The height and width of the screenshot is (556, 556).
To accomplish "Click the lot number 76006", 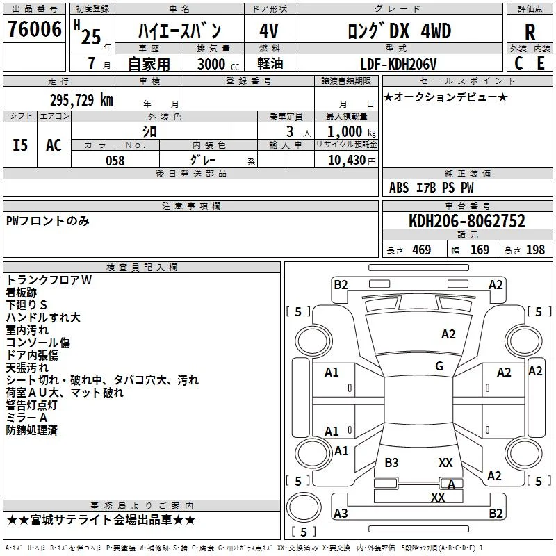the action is [34, 29].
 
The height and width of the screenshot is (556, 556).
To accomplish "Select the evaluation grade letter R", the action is [530, 32].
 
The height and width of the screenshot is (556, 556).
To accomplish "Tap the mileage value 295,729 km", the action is [81, 100].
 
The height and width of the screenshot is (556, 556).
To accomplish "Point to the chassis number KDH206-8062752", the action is [467, 220].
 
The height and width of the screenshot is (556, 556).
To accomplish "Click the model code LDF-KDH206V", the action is [398, 64].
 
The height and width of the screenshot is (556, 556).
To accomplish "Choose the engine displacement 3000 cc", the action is [218, 64].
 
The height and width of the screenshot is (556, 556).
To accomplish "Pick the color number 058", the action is [115, 161].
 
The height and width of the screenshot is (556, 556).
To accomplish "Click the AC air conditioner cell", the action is [54, 145].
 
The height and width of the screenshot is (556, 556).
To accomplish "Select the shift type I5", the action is [20, 145].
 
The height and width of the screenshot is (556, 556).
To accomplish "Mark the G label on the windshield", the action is [439, 366].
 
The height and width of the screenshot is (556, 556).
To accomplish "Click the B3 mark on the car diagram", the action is [391, 462].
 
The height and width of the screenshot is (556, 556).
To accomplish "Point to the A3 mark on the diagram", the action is [341, 513].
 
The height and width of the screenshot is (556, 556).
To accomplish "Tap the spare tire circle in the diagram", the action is [304, 507].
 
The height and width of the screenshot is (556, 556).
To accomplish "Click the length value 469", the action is [422, 250].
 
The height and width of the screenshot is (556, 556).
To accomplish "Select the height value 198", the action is [535, 250].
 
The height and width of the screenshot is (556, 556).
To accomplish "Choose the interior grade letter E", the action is [541, 63].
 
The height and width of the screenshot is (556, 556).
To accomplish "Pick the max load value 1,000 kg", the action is [352, 132].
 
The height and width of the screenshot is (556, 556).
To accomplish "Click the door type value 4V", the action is [269, 31].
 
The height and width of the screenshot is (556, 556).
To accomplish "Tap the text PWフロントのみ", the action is [47, 221].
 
